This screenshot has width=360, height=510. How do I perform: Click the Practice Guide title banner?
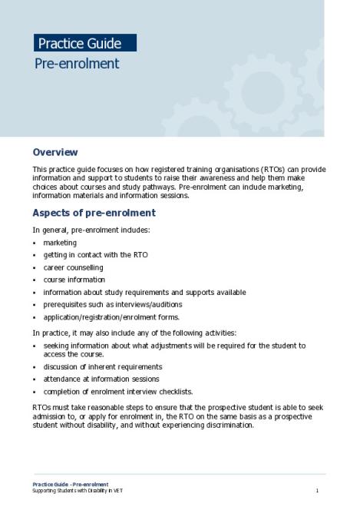click(x=84, y=44)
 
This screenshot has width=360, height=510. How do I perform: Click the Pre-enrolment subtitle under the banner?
click(x=77, y=64)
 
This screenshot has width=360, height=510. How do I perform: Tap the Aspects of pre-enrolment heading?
click(x=94, y=213)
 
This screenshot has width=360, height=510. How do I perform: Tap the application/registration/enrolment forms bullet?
click(x=111, y=316)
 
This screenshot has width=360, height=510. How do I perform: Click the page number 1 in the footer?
click(x=316, y=490)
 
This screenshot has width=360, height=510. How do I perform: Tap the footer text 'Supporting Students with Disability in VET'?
click(x=77, y=490)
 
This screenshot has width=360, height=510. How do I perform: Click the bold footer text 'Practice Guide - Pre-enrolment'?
click(x=70, y=484)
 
